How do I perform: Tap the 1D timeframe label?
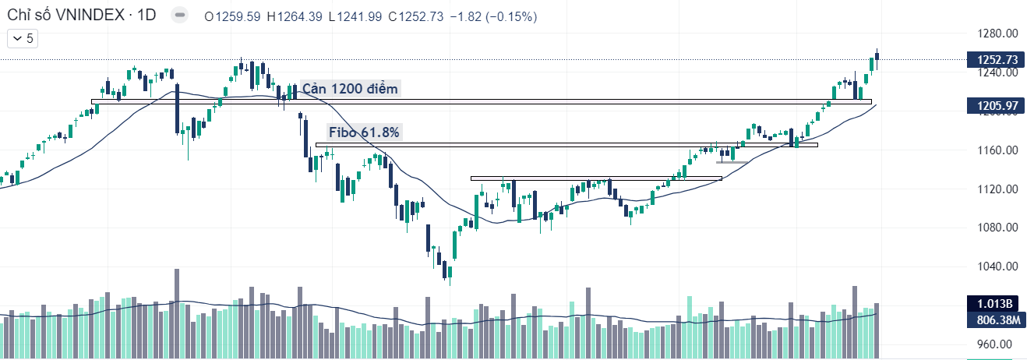point(146,16)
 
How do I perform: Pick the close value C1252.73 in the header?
point(416,16)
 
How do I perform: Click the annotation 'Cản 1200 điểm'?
point(350,89)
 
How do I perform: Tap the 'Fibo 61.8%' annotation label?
point(364,132)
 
